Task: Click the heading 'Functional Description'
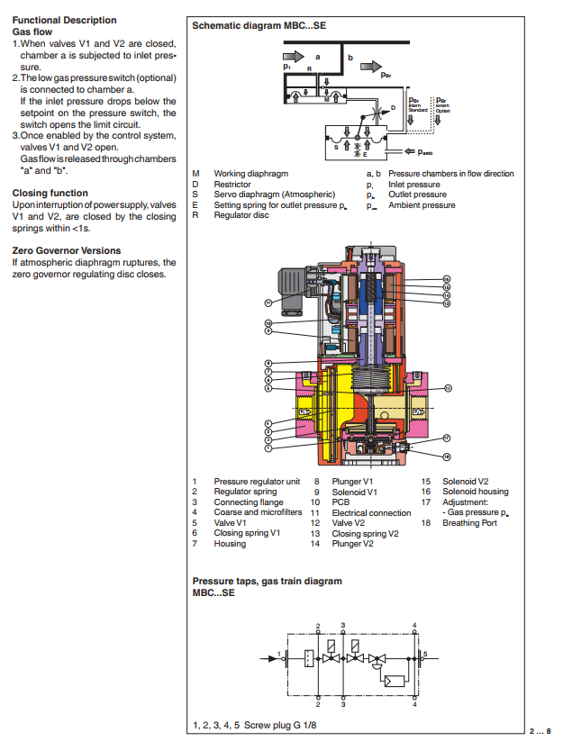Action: [x=64, y=20]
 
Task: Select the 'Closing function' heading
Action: [x=50, y=193]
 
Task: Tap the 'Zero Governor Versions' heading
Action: [x=66, y=250]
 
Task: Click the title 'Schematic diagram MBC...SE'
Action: [x=259, y=26]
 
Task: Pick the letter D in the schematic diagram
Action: [x=393, y=107]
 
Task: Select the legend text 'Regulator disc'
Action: [x=241, y=215]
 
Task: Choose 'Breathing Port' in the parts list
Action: [x=469, y=523]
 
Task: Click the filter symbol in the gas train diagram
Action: [x=308, y=659]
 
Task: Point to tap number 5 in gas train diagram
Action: [x=425, y=652]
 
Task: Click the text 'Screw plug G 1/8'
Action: [x=280, y=725]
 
